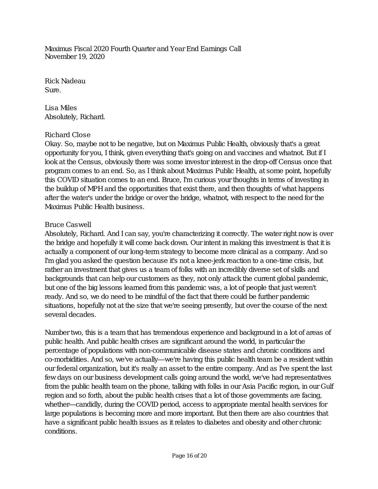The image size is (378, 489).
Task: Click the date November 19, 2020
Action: [75, 57]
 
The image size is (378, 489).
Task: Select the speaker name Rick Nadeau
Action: [65, 81]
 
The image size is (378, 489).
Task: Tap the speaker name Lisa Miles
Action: [61, 108]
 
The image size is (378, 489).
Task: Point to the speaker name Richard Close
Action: [67, 135]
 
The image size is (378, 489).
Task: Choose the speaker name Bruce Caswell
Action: [68, 225]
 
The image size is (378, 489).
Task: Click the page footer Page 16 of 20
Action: [189, 456]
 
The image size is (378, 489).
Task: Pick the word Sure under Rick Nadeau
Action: [52, 90]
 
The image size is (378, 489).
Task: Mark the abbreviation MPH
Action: [95, 189]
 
